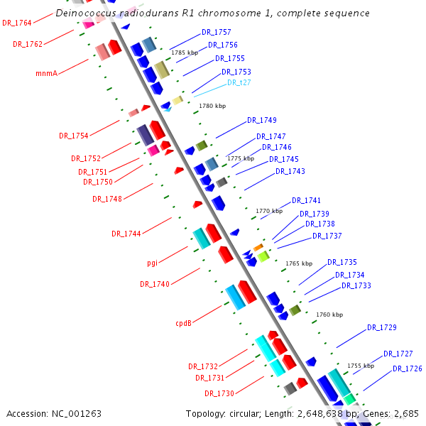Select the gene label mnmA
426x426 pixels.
coord(46,72)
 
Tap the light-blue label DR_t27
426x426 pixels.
coord(239,82)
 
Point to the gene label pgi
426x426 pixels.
coord(153,263)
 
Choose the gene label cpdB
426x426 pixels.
coord(184,323)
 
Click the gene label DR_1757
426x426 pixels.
coord(216,33)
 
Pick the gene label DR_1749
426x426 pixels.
coord(262,120)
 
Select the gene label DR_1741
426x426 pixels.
coord(306,200)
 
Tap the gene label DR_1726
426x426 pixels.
coord(407,368)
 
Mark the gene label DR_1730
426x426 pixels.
coord(219,393)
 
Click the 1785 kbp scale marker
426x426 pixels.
coord(185,53)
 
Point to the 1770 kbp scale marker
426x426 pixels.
coord(269,211)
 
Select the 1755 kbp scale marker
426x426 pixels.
coord(361,366)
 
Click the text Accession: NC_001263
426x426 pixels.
coord(54,413)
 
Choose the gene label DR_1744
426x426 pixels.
coord(126,234)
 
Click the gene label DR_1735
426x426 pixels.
coord(342,262)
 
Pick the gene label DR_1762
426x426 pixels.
coord(28,44)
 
